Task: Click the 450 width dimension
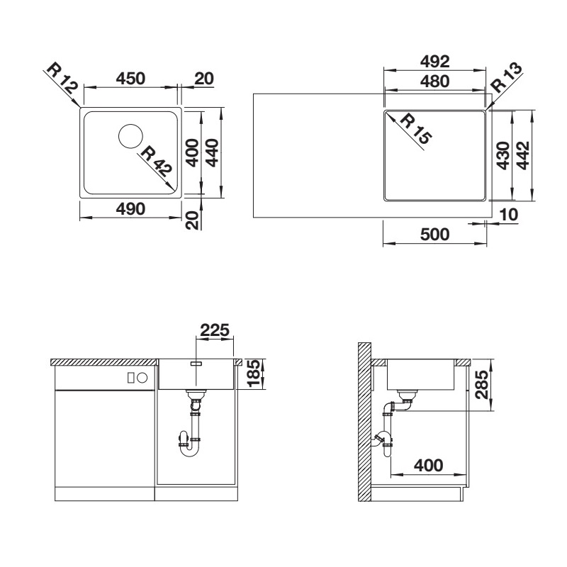pos(130,79)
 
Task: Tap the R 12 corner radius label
pos(62,82)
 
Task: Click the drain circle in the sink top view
pos(130,136)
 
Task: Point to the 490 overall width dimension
pos(130,209)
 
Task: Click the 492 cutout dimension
pos(434,62)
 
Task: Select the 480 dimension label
pos(434,82)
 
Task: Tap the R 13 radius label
pos(507,77)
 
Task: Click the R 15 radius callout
pos(416,129)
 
